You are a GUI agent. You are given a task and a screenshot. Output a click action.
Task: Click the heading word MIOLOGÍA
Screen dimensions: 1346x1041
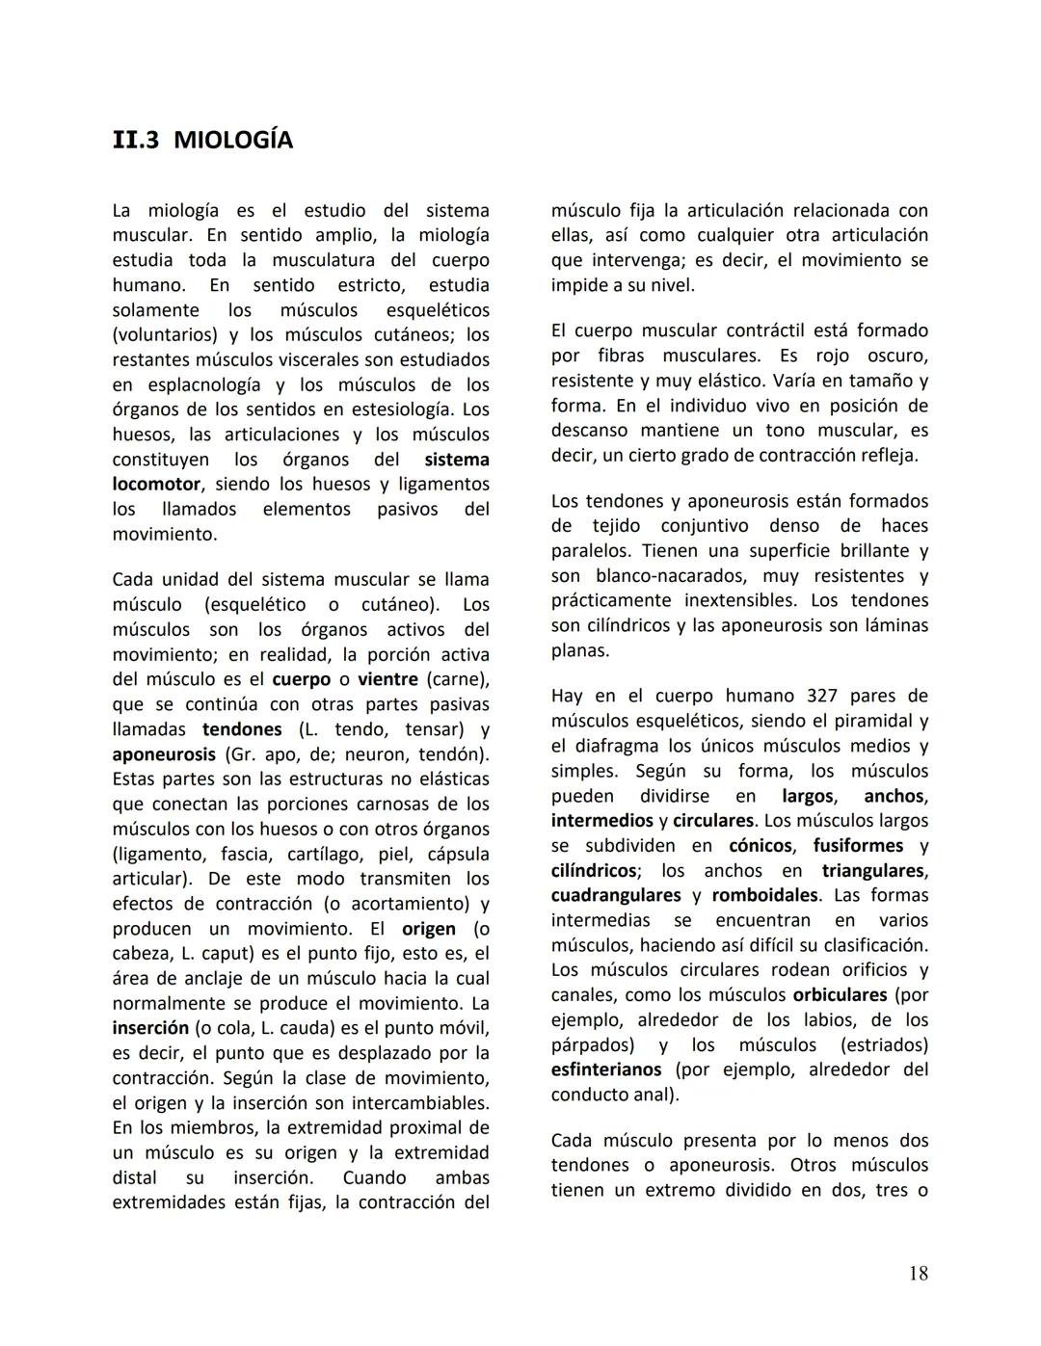click(x=233, y=141)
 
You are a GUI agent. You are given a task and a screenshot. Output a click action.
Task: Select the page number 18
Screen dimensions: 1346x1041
click(x=918, y=1274)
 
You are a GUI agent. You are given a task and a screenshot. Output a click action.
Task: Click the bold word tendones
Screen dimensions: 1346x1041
click(x=242, y=729)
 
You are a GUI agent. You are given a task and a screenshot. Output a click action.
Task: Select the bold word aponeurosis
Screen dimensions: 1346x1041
click(x=164, y=754)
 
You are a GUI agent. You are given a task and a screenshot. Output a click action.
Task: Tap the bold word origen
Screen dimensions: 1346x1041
click(x=429, y=929)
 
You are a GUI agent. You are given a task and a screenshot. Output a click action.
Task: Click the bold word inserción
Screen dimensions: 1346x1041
click(x=150, y=1028)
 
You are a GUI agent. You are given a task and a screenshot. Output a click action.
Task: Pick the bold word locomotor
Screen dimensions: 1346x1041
click(x=156, y=485)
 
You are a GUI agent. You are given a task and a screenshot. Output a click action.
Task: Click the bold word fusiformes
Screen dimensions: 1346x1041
click(x=858, y=845)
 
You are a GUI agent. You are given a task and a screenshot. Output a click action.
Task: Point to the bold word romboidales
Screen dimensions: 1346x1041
click(x=764, y=895)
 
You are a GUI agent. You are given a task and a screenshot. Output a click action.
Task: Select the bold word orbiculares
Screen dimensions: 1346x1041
click(x=840, y=994)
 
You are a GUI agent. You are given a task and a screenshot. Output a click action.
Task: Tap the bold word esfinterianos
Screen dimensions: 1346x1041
click(x=606, y=1069)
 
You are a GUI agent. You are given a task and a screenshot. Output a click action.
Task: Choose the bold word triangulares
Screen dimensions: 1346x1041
click(x=873, y=870)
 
